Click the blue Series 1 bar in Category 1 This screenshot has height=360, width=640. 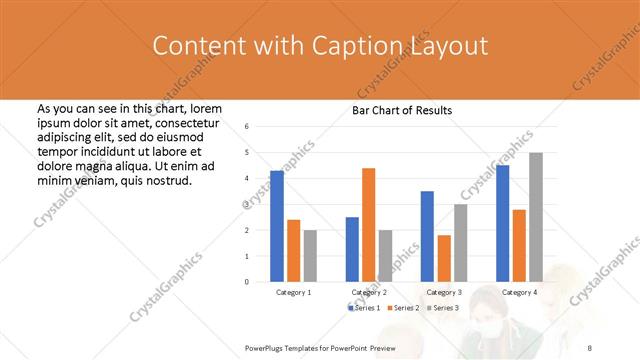[277, 226]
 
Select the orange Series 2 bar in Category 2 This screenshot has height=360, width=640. [368, 225]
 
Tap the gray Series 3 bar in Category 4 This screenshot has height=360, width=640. [536, 217]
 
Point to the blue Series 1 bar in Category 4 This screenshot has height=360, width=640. [502, 223]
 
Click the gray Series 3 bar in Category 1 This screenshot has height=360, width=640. [310, 256]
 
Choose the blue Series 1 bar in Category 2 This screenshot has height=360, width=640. [352, 249]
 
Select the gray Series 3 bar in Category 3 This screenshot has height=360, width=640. [460, 243]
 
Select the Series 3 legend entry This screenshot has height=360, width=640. [442, 307]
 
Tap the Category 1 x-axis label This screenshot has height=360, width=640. [293, 292]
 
